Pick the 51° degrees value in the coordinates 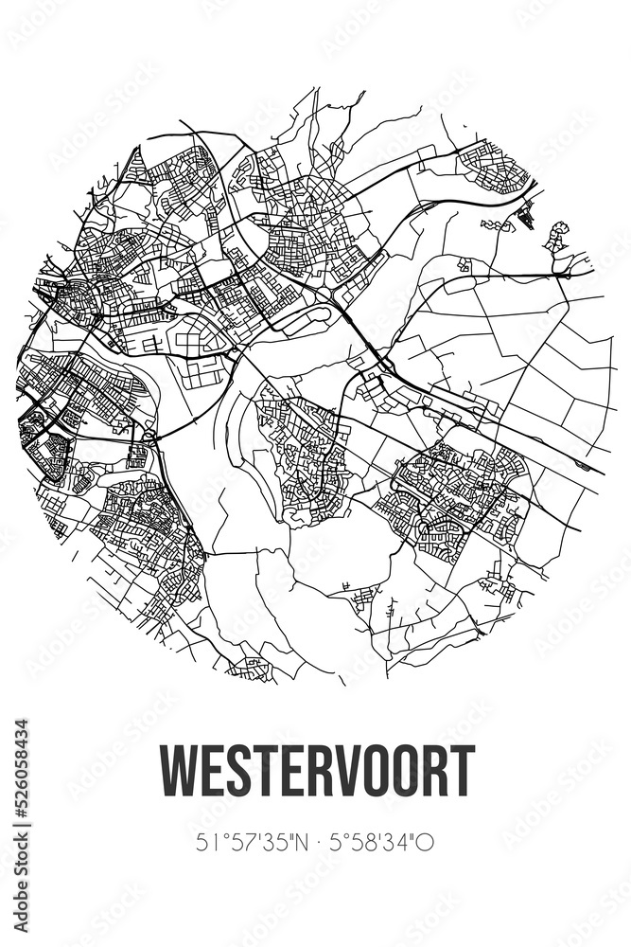(210, 841)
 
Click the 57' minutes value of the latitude (238, 841)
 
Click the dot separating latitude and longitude (313, 841)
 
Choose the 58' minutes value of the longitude (364, 841)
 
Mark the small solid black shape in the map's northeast (527, 220)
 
